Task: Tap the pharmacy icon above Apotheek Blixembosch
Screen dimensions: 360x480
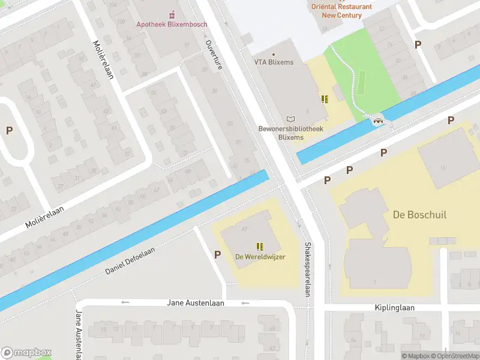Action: [x=172, y=14]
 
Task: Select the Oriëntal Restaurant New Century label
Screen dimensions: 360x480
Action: [x=341, y=11]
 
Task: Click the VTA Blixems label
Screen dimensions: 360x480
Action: [x=274, y=62]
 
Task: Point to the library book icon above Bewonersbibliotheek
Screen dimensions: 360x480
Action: [x=291, y=119]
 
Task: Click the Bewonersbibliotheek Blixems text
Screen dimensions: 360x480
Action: [x=290, y=133]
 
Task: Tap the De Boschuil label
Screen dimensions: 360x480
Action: [x=419, y=215]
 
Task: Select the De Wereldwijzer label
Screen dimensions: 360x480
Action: [x=260, y=257]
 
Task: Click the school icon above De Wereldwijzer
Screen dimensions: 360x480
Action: [x=260, y=246]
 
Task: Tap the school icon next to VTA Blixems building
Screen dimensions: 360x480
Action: [x=325, y=99]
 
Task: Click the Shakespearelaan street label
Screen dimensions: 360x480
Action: [x=307, y=269]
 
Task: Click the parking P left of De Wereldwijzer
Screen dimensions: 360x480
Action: [x=217, y=255]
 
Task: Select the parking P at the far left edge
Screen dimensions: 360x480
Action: [x=9, y=130]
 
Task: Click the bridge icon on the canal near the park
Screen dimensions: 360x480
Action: [x=378, y=121]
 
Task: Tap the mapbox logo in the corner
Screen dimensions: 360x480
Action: [x=26, y=353]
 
